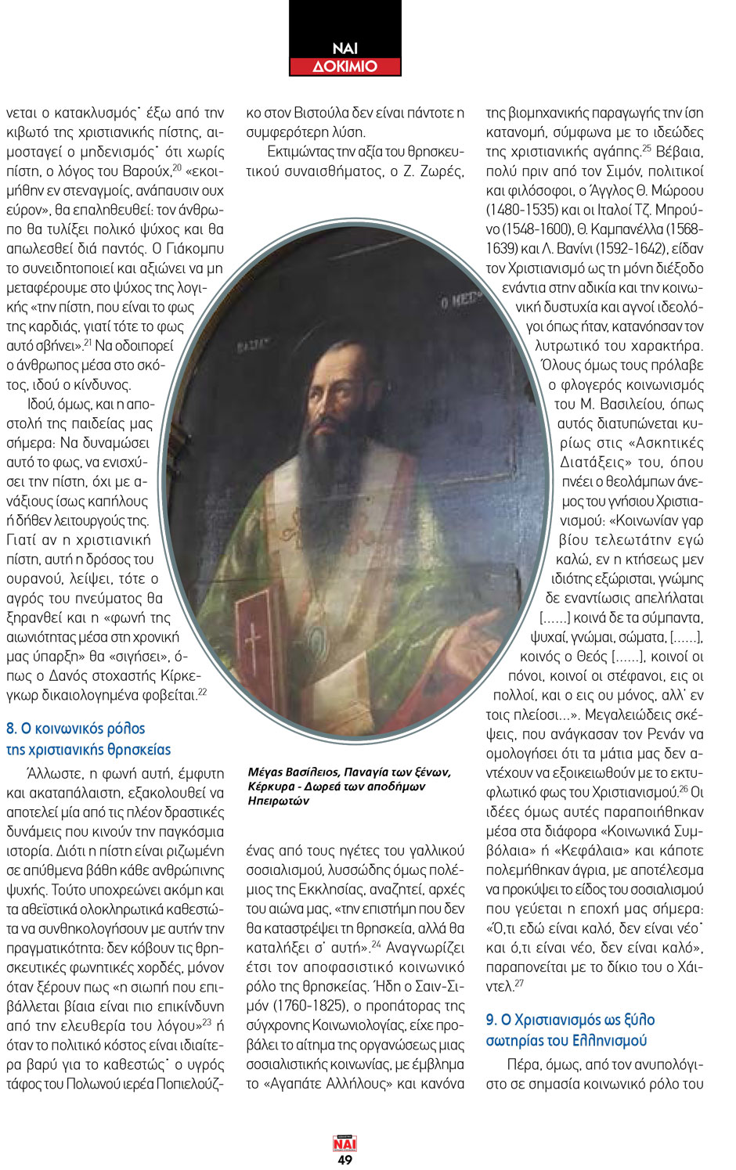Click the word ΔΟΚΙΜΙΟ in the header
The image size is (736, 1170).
[345, 67]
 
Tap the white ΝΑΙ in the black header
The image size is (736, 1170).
[345, 49]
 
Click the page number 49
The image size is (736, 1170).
[345, 1160]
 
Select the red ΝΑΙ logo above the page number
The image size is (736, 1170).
[345, 1144]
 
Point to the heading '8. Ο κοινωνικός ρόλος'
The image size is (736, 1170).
[76, 729]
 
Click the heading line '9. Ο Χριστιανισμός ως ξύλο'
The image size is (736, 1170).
[570, 1020]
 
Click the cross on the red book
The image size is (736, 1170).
[253, 644]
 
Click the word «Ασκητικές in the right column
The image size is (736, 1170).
[666, 443]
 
